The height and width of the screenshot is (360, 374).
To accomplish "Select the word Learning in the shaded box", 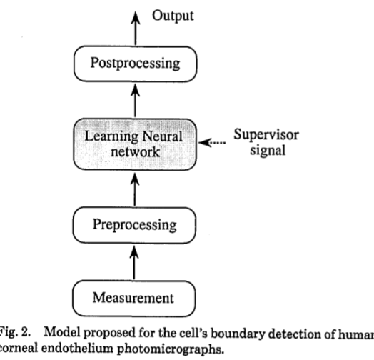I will pyautogui.click(x=107, y=136).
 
